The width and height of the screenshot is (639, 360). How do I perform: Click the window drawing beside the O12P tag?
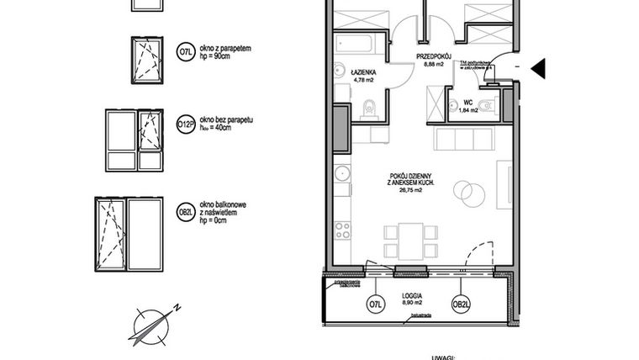click(x=133, y=140)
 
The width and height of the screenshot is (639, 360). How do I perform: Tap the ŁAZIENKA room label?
click(x=364, y=74)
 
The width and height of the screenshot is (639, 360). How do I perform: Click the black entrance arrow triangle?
click(x=539, y=66)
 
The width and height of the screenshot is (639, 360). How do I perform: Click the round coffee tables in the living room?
click(x=469, y=191)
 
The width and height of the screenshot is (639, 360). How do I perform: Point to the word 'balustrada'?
click(x=422, y=317)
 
